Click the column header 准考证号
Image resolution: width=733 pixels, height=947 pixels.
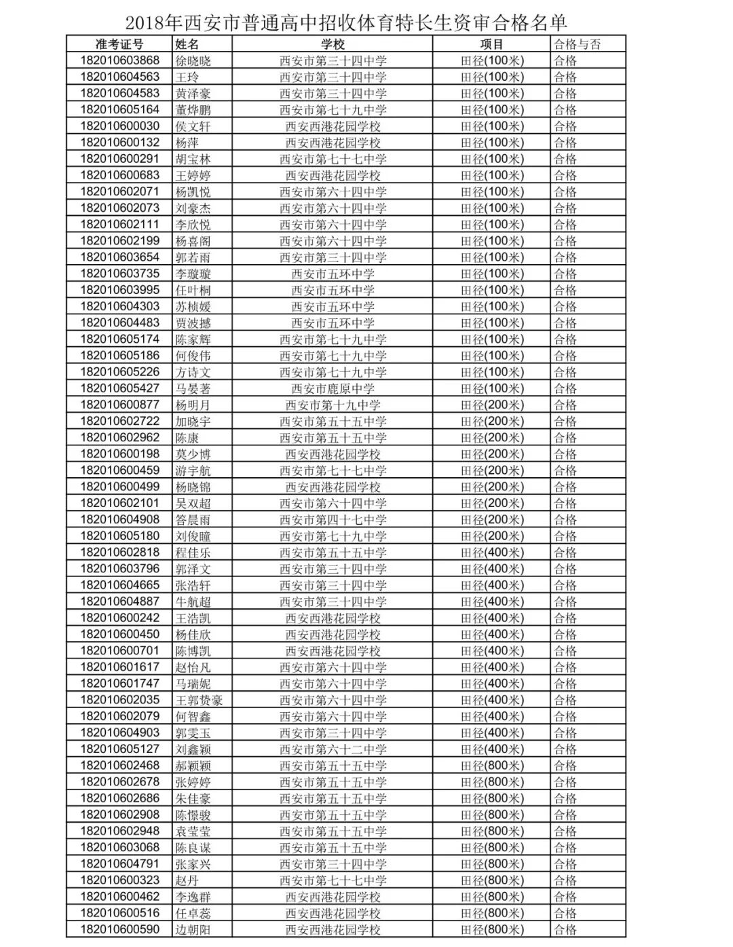(119, 44)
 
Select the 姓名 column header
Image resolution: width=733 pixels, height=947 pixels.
(187, 44)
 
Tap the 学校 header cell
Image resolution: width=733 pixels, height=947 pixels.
(333, 44)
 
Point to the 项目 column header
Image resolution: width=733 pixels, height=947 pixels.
(492, 44)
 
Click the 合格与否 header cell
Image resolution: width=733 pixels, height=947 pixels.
(577, 44)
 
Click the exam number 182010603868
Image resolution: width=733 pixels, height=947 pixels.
(119, 60)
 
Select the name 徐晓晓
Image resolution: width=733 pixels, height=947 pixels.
(193, 60)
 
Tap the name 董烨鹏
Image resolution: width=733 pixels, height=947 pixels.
(193, 110)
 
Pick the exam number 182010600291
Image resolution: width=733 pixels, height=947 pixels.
(119, 159)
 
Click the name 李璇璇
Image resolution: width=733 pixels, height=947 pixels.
(193, 274)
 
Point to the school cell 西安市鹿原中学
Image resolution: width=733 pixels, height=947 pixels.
(333, 388)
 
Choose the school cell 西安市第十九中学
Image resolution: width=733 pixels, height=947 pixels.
(333, 405)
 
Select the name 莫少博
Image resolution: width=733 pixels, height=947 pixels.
(193, 454)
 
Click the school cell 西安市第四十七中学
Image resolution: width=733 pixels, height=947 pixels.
(333, 520)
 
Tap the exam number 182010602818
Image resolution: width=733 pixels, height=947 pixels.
(119, 553)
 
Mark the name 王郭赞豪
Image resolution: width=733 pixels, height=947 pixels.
(199, 700)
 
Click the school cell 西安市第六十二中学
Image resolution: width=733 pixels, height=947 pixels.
(333, 749)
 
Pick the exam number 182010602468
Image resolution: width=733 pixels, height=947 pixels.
(119, 766)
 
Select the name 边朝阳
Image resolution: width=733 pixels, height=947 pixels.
(193, 929)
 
